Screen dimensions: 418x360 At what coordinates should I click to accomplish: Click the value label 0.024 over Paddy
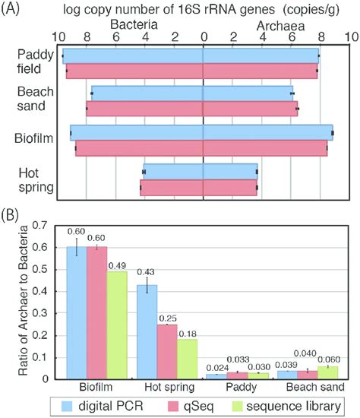coord(218,366)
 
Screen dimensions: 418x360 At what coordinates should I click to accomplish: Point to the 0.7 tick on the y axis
coord(47,226)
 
